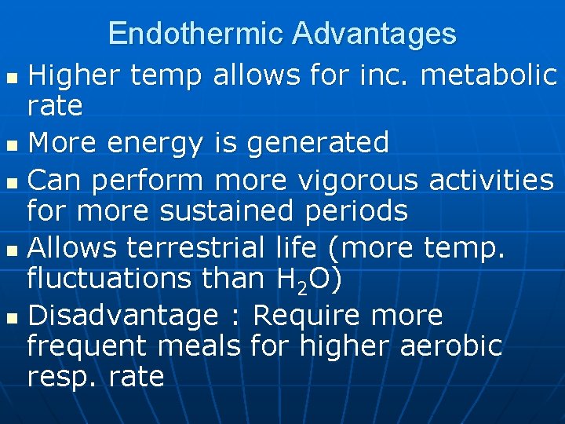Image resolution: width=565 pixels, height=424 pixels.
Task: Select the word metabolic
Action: coord(489,75)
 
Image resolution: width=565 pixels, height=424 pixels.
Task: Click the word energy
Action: coord(159,143)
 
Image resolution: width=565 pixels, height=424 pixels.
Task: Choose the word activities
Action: coord(491,181)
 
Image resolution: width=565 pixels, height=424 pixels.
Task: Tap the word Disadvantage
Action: coord(122,316)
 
